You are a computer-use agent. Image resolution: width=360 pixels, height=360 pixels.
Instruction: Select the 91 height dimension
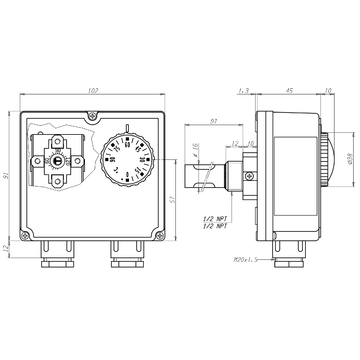[x=9, y=177]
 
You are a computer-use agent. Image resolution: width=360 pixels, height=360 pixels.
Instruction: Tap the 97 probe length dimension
[x=214, y=121]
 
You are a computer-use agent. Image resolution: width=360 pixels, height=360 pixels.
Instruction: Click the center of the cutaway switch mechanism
[x=58, y=158]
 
